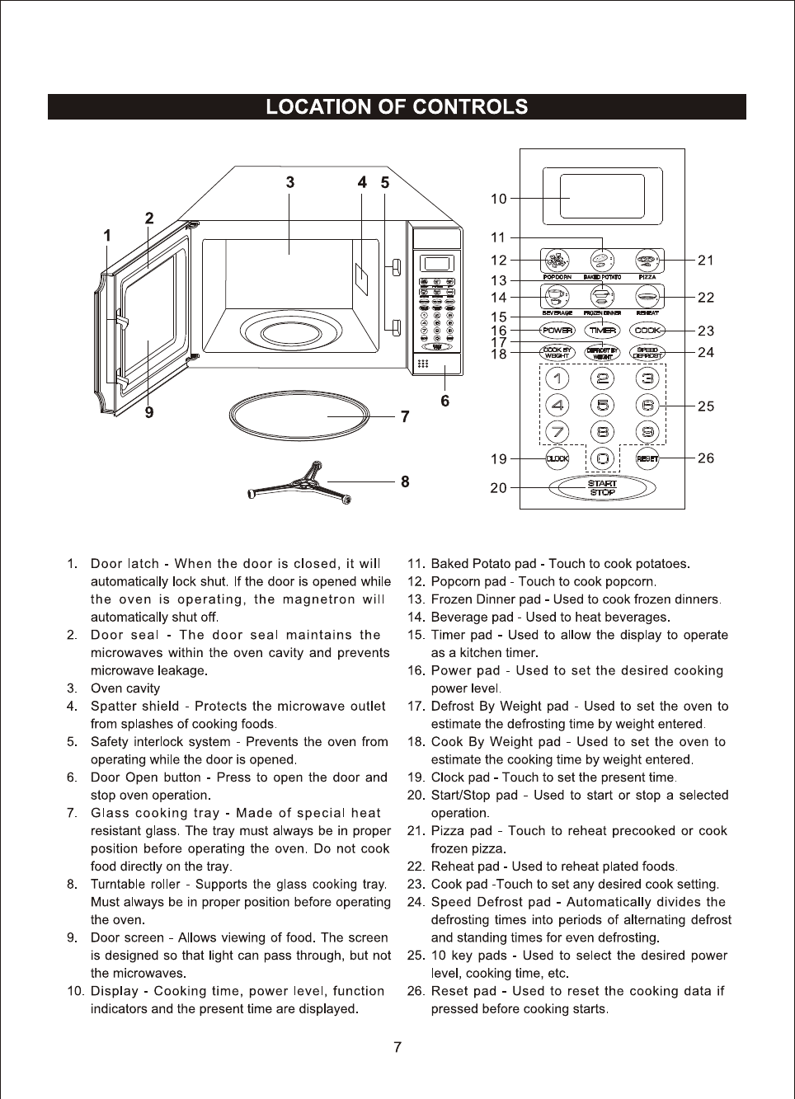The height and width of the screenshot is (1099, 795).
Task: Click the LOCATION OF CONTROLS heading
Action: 397,107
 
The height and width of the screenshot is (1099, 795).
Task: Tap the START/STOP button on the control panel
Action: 603,488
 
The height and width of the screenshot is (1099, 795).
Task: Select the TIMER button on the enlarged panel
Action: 603,330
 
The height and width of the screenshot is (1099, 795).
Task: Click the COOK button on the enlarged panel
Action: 647,330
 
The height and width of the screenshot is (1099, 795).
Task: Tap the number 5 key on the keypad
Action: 603,405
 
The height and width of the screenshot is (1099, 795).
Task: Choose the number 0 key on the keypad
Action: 603,458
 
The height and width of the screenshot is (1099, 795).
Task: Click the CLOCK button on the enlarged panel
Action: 557,458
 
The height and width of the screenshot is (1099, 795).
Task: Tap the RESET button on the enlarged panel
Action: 647,458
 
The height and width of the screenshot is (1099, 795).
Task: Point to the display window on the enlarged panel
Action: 602,196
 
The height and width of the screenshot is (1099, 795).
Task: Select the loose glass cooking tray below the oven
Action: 299,416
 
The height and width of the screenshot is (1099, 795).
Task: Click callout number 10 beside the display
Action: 498,199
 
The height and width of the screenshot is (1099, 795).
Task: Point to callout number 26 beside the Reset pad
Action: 706,458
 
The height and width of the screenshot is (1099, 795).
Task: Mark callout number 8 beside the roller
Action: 405,481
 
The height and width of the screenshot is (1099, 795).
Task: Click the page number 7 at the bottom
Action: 397,1047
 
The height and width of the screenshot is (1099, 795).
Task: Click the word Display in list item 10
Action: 114,991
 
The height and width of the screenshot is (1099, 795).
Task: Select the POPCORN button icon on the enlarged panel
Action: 557,261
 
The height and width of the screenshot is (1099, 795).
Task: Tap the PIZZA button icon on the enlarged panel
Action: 647,261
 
